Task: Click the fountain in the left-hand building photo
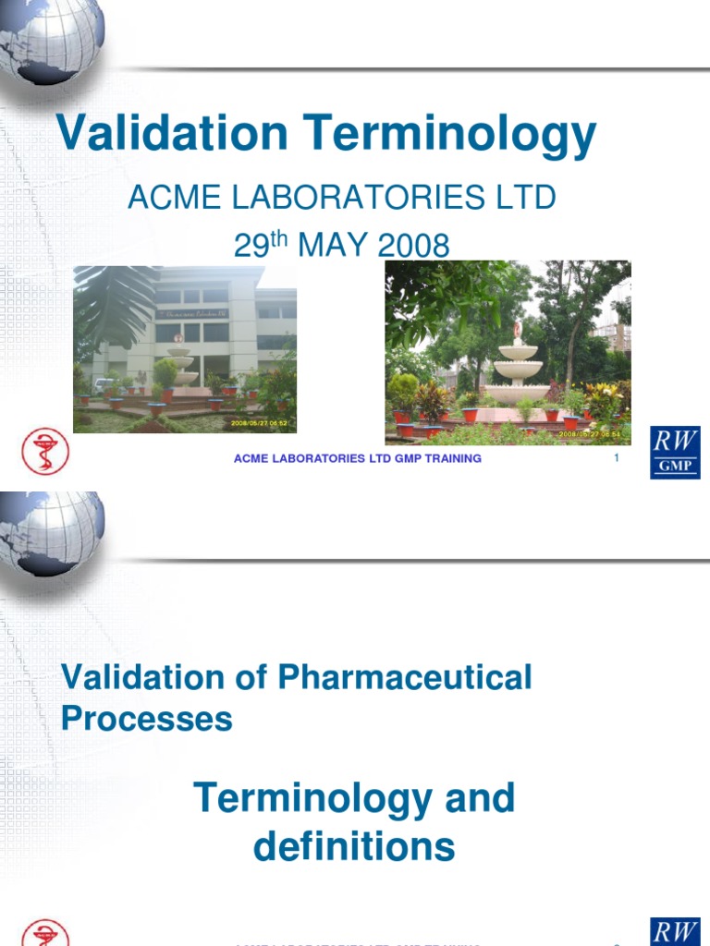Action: (181, 362)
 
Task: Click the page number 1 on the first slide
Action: (616, 458)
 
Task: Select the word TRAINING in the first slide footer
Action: (450, 458)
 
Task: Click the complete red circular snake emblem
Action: (45, 452)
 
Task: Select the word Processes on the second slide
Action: (146, 719)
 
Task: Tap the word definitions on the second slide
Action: (354, 846)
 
